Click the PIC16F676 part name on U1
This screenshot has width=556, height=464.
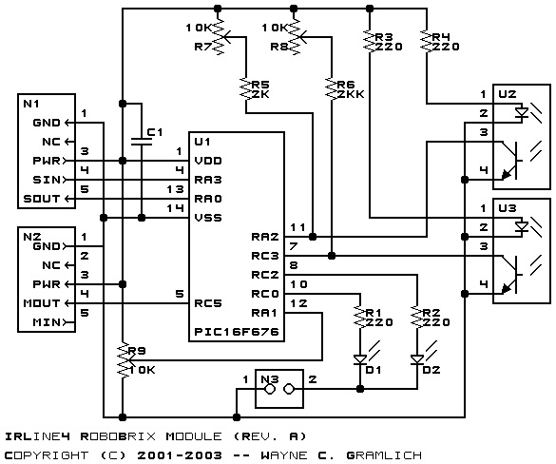[x=237, y=332]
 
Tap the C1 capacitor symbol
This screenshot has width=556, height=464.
[x=142, y=142]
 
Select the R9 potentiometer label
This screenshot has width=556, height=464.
[x=137, y=351]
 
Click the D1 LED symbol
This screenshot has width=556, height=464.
[x=360, y=359]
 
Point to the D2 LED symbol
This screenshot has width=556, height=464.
[x=417, y=359]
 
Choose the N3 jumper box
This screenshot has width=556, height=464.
[x=279, y=389]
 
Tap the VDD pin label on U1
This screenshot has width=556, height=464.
[x=208, y=161]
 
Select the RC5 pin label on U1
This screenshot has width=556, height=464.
[x=208, y=303]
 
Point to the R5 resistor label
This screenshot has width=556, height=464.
[x=260, y=85]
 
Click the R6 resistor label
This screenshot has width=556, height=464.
[x=346, y=85]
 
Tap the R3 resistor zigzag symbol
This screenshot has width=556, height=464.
[x=370, y=42]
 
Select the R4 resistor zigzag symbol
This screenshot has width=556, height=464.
[x=427, y=42]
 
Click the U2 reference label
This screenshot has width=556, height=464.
[x=508, y=94]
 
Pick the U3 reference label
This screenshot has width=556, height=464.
[x=508, y=208]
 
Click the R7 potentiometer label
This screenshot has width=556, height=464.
[x=203, y=47]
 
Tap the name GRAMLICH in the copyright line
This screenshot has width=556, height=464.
[x=384, y=455]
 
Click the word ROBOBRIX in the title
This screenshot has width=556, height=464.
[x=118, y=436]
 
